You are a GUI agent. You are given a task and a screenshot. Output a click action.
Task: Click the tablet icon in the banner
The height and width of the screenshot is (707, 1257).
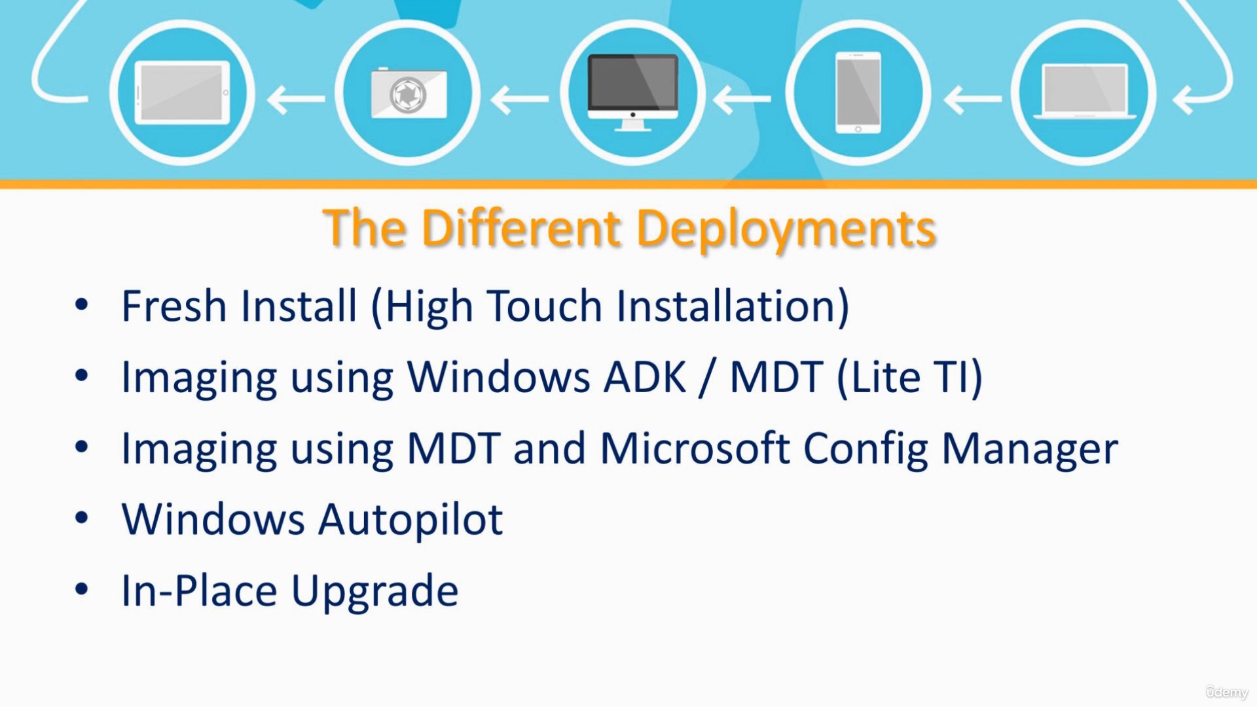182,92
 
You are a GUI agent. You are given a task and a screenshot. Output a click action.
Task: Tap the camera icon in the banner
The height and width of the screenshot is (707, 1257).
409,93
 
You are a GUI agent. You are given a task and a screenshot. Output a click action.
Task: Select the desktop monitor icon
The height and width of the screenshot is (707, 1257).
632,92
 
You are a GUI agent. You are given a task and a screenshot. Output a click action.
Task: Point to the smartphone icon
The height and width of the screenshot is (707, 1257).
858,92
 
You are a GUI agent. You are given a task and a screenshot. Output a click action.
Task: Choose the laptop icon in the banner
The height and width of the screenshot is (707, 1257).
1085,92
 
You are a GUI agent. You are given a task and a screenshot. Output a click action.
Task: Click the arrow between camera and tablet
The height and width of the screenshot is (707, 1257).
296,99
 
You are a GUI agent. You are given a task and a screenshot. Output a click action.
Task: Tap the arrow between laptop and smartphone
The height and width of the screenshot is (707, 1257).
973,99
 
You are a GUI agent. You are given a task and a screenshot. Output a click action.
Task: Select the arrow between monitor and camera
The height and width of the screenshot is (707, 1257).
520,99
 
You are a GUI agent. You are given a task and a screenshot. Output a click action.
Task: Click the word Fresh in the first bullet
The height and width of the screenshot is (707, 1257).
174,306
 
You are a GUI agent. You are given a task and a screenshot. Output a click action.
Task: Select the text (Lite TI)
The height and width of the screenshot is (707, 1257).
910,378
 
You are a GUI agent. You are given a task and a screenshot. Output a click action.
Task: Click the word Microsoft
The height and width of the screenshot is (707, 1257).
695,448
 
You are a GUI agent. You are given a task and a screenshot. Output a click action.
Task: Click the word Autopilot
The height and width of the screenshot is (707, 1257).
410,520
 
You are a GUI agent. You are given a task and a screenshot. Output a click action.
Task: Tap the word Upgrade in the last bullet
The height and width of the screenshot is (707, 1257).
374,592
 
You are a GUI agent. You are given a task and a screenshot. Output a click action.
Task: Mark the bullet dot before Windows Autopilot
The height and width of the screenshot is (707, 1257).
81,518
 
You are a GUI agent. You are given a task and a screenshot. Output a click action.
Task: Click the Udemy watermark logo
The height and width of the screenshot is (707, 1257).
1227,692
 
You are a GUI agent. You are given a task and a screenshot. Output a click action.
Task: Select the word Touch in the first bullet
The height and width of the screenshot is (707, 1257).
545,306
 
